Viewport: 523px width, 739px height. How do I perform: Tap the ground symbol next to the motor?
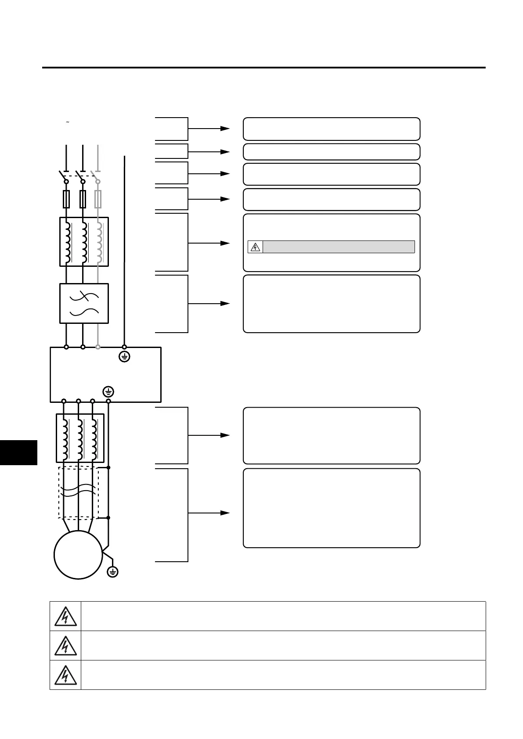(x=113, y=571)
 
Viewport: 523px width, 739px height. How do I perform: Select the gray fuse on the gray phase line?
(x=98, y=199)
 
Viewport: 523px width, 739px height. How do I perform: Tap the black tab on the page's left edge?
(x=18, y=452)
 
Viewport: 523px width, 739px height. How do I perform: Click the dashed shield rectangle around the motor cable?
(x=78, y=493)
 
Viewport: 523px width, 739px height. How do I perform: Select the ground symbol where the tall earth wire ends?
(x=125, y=357)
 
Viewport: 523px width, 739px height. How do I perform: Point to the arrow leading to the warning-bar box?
(x=209, y=243)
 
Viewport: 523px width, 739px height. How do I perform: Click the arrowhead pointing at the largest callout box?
(x=225, y=513)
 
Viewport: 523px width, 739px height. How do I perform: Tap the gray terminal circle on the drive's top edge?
(x=98, y=347)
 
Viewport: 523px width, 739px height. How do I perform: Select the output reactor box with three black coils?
(x=80, y=438)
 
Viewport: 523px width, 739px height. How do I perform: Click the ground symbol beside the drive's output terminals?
(x=108, y=391)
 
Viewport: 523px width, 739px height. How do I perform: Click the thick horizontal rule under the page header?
(x=263, y=68)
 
